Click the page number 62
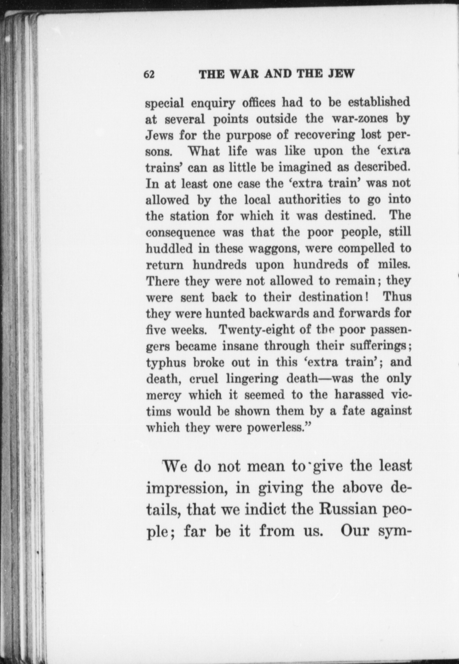[149, 74]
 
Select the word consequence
[180, 232]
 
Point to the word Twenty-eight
[256, 330]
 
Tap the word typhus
[166, 363]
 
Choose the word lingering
[252, 379]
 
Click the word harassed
[359, 394]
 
